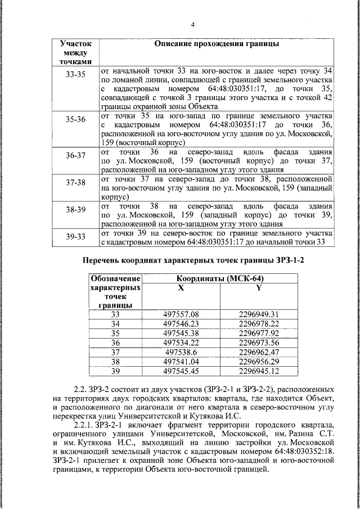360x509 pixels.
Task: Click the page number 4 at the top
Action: (192, 25)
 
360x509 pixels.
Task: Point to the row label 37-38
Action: (75, 183)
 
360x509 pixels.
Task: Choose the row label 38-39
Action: (75, 210)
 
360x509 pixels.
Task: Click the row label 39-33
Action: (75, 237)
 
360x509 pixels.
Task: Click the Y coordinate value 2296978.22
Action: (259, 323)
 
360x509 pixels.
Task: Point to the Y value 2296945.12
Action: (259, 371)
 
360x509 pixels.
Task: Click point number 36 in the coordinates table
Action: (115, 343)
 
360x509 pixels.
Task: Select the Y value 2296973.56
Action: (259, 343)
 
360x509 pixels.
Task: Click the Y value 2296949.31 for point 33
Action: (259, 314)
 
